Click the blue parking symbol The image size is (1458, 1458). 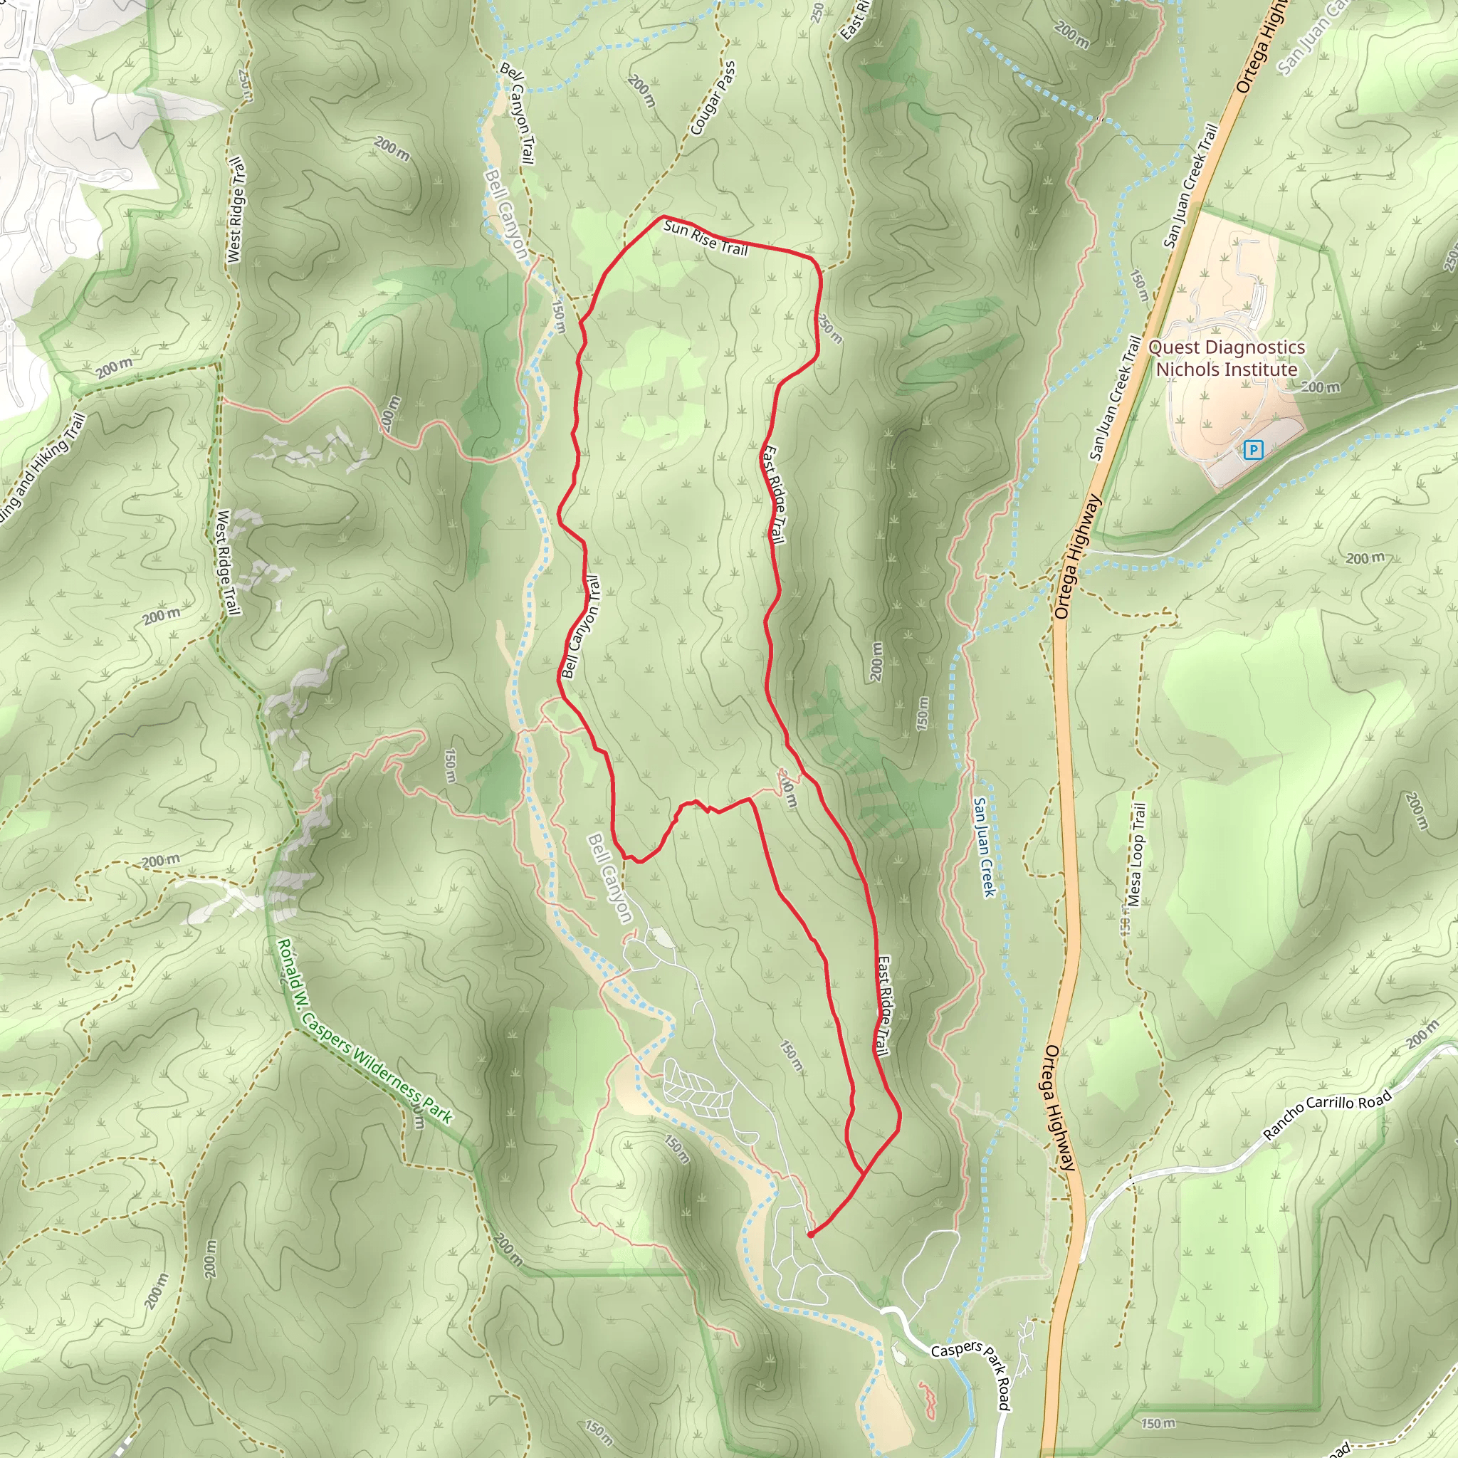pos(1253,451)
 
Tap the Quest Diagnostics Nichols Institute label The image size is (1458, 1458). pos(1227,359)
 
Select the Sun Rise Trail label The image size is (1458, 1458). pos(705,238)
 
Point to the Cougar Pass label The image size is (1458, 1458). pos(713,99)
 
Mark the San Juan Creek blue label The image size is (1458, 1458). pos(984,846)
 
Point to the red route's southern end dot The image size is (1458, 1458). pos(809,1235)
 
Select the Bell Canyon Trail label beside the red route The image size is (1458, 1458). pos(581,626)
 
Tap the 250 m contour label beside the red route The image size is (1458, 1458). pos(830,329)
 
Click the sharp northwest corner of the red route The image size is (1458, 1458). pos(663,217)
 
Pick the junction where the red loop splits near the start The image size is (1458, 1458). pos(864,1173)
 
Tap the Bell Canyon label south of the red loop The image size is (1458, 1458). pos(611,878)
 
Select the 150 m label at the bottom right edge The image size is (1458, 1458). pos(1158,1423)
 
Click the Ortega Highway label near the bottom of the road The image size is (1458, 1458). pos(1059,1108)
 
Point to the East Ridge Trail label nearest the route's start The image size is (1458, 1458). pos(883,1007)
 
